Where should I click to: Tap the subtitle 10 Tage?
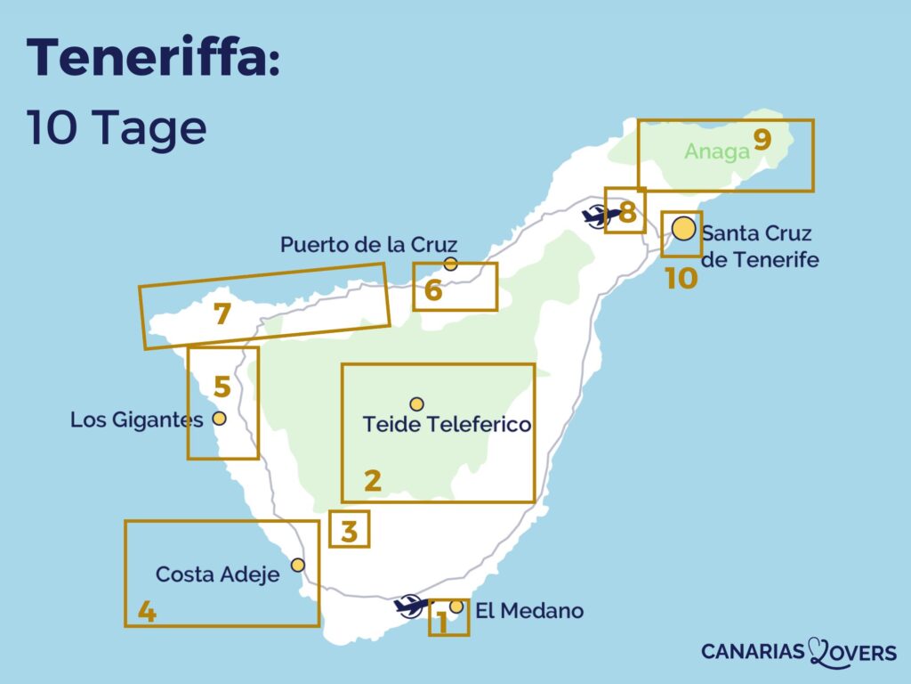pos(117,128)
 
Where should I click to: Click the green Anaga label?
pos(717,151)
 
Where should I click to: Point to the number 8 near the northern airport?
pos(627,213)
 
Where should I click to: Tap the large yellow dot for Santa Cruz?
pos(683,229)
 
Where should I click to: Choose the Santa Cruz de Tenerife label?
pos(759,247)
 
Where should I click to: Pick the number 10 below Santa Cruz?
pos(681,279)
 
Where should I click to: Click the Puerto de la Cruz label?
pos(368,244)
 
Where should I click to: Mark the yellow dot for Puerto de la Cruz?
pos(450,264)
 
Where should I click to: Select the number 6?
pos(433,290)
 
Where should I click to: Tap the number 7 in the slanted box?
pos(222,314)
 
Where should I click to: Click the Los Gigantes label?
pos(137,419)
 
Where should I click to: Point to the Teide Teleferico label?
pos(447,425)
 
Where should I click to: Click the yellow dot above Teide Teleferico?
pos(416,404)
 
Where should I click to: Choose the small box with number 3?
pos(349,530)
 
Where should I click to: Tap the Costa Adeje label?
pos(217,574)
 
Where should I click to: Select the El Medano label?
pos(529,611)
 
